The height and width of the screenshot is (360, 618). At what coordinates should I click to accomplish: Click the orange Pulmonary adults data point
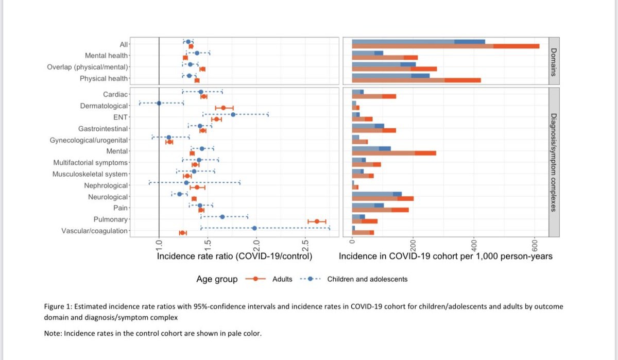317,221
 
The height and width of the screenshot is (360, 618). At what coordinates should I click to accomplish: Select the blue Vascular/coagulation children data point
254,228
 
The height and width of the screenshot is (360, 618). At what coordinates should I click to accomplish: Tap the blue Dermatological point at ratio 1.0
159,103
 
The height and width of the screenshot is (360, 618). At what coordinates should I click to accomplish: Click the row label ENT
120,117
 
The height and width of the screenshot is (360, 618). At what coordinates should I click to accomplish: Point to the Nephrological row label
106,185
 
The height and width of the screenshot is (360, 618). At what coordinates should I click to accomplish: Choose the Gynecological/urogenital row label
89,140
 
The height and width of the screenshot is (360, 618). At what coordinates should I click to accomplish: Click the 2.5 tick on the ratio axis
305,245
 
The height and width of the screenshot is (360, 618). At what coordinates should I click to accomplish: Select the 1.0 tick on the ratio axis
159,245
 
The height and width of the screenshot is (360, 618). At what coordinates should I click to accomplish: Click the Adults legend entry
282,279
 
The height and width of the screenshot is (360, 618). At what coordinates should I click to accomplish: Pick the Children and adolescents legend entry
367,279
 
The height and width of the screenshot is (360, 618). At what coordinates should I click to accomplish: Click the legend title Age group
217,279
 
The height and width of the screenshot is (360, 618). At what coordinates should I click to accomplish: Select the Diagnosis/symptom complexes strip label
554,162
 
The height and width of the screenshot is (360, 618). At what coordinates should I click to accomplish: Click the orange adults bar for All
445,46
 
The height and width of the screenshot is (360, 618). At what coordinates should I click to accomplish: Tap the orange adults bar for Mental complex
394,153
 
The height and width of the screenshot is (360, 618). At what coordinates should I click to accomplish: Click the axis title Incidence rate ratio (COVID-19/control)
234,256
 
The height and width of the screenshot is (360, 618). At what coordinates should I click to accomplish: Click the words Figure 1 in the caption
57,306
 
